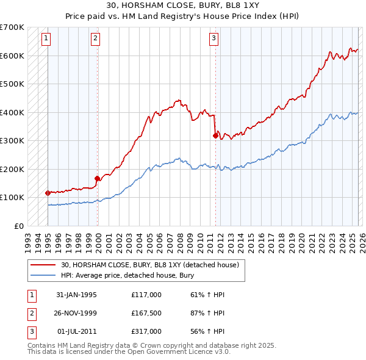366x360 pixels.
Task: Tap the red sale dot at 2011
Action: pos(215,135)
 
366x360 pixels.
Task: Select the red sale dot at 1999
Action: pos(97,178)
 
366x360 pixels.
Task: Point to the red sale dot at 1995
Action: pos(48,192)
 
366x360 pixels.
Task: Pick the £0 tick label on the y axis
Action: pos(18,226)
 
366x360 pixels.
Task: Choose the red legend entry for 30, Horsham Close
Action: pos(152,265)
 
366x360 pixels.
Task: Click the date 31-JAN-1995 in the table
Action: pos(76,295)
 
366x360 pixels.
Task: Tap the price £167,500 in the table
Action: pos(146,313)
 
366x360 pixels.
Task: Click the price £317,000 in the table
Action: pos(146,331)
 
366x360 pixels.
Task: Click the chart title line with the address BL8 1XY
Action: pos(182,7)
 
